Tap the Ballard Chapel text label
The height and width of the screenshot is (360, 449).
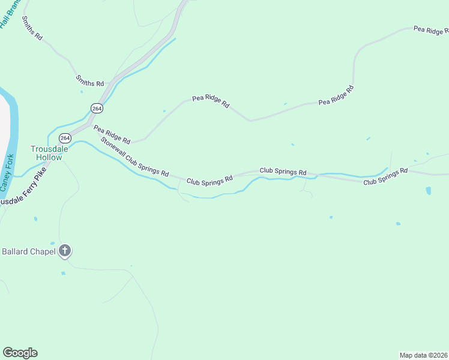(28, 251)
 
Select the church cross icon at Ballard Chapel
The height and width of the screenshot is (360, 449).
(65, 251)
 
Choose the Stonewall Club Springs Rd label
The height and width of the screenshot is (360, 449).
(135, 157)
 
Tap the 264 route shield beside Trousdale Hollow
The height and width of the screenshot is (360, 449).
(65, 138)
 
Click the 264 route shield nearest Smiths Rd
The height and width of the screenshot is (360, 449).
(97, 108)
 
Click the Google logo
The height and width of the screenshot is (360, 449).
(20, 353)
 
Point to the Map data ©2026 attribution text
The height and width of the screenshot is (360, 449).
(423, 355)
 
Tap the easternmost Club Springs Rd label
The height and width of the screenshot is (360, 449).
(385, 176)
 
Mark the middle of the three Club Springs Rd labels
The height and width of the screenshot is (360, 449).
(283, 171)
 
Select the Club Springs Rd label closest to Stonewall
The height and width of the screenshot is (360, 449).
(209, 180)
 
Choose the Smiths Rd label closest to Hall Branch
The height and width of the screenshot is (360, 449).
(32, 28)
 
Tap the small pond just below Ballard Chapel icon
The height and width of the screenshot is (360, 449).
(63, 273)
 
